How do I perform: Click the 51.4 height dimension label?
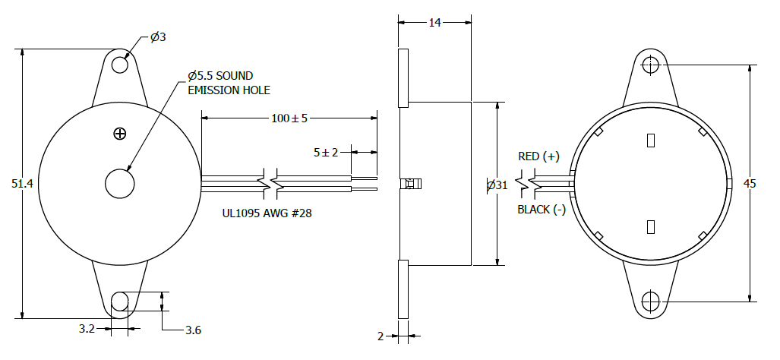click(x=22, y=184)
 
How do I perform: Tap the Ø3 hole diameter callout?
click(x=158, y=37)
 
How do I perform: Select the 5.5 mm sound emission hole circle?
click(x=120, y=184)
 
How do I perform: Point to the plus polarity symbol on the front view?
click(x=120, y=133)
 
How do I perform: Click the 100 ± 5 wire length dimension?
click(x=289, y=118)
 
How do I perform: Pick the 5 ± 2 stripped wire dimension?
click(x=325, y=153)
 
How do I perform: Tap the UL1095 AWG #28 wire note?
click(x=267, y=214)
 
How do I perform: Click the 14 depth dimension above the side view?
click(x=434, y=22)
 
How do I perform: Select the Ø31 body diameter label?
click(x=497, y=185)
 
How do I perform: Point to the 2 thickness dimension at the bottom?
click(x=381, y=336)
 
